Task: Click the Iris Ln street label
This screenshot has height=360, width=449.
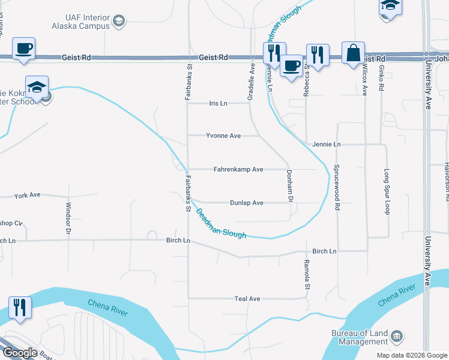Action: [x=218, y=103]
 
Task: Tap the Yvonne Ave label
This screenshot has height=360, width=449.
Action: [x=223, y=136]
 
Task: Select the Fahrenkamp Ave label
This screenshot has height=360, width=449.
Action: [x=238, y=170]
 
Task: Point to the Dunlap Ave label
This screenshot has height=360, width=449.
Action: [x=246, y=203]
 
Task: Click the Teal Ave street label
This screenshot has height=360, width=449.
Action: [x=247, y=298]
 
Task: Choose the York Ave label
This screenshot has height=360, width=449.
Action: [x=27, y=196]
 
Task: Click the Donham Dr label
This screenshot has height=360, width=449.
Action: [x=289, y=185]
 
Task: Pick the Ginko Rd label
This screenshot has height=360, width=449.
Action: [x=381, y=78]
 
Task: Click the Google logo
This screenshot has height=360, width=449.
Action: [x=20, y=353]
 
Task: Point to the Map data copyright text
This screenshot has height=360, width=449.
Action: [x=411, y=355]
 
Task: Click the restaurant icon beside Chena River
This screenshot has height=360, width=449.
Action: [x=19, y=308]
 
